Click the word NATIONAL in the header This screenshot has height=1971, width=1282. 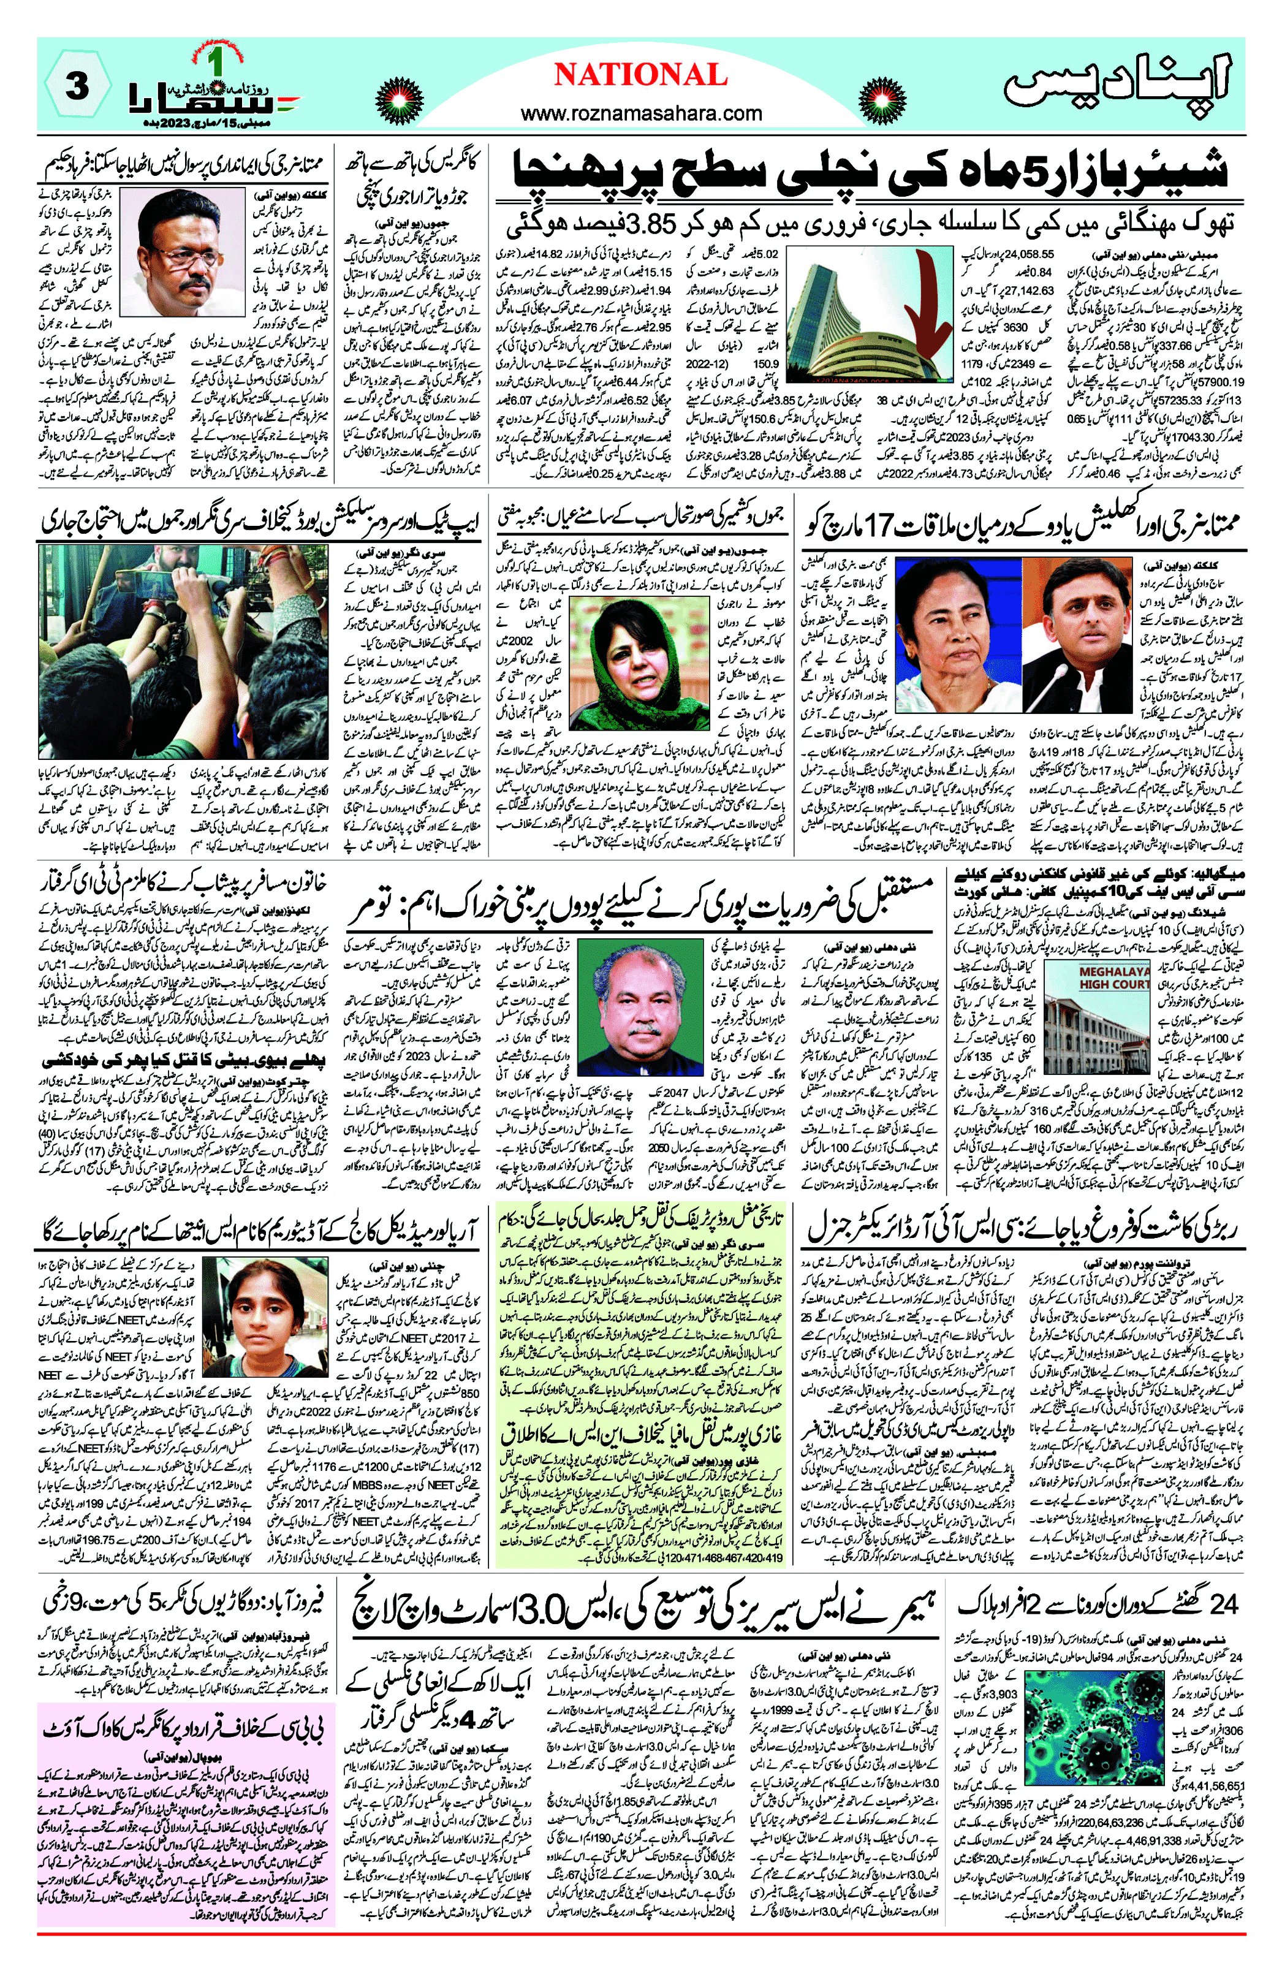click(640, 75)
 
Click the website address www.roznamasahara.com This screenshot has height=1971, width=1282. click(641, 113)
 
